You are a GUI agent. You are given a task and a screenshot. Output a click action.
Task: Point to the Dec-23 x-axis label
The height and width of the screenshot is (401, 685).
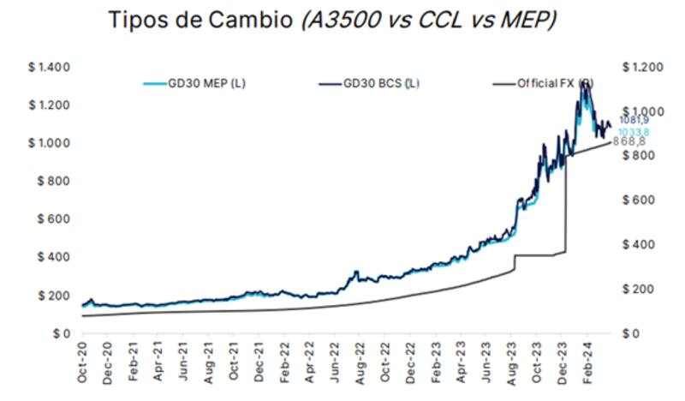click(560, 365)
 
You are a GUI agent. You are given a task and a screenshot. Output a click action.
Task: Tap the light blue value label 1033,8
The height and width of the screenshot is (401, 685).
click(633, 132)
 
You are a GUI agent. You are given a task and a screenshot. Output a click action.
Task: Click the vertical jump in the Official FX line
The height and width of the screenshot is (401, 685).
click(566, 206)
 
